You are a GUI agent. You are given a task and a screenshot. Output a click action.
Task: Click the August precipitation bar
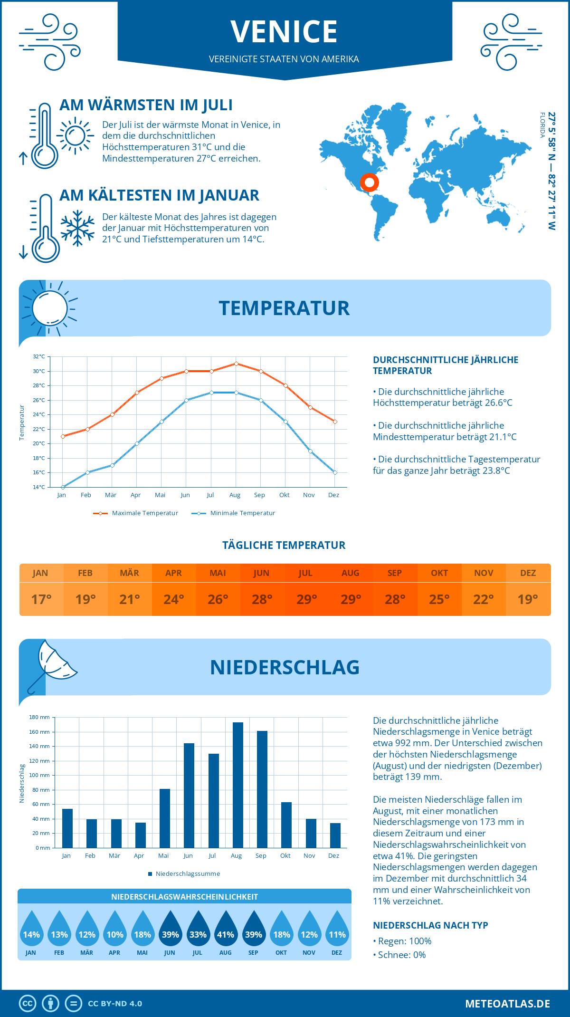coord(238,785)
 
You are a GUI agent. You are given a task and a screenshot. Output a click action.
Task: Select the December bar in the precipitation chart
coord(335,835)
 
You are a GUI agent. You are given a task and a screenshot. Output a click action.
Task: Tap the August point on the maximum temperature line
coord(236,364)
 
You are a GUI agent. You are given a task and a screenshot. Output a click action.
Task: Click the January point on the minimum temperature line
coord(63,487)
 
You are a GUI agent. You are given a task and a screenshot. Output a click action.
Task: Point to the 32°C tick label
coord(39,356)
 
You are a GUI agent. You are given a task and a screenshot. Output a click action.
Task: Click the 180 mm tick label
coord(39,717)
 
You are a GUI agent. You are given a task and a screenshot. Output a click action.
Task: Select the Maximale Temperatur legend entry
coord(136,513)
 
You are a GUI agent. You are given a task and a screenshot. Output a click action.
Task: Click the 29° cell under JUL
coord(306,599)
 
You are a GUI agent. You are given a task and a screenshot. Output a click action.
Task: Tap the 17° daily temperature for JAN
coord(41,599)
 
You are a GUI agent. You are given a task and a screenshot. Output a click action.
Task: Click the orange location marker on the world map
coord(369,182)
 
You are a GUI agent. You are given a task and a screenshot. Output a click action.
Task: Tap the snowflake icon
coord(77,228)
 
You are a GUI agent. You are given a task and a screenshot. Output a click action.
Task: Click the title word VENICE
coord(284,32)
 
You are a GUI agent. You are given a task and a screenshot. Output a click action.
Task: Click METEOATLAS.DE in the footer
coord(507,1004)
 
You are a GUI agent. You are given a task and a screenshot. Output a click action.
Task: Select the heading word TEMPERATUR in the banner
coord(284,308)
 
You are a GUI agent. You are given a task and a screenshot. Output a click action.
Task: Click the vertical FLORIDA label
coord(542,125)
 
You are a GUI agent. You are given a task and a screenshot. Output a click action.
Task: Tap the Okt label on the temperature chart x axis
coord(284,495)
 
